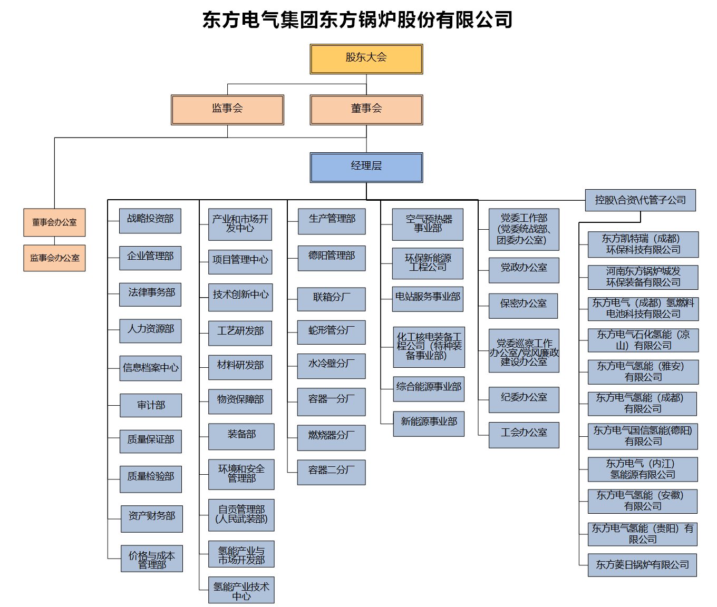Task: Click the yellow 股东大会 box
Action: click(x=366, y=59)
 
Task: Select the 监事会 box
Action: click(x=228, y=110)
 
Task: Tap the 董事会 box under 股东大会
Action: click(x=366, y=110)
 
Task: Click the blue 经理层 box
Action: click(x=366, y=168)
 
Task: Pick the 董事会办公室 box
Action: click(x=54, y=222)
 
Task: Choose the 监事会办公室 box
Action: click(x=54, y=258)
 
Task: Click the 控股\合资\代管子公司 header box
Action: click(x=641, y=200)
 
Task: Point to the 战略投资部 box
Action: click(x=150, y=221)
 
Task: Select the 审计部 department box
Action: click(x=151, y=405)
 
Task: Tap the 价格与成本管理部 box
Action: click(x=152, y=559)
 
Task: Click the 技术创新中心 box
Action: click(x=240, y=297)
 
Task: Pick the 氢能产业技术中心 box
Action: click(x=241, y=590)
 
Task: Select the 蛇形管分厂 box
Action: click(x=331, y=332)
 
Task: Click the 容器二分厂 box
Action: click(x=331, y=472)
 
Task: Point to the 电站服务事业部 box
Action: click(x=428, y=299)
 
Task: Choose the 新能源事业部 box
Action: click(x=429, y=424)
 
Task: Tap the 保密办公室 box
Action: click(x=524, y=306)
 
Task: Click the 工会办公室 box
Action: click(x=524, y=435)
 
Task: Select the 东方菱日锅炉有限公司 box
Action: click(x=643, y=565)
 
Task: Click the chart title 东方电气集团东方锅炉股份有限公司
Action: click(x=357, y=19)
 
